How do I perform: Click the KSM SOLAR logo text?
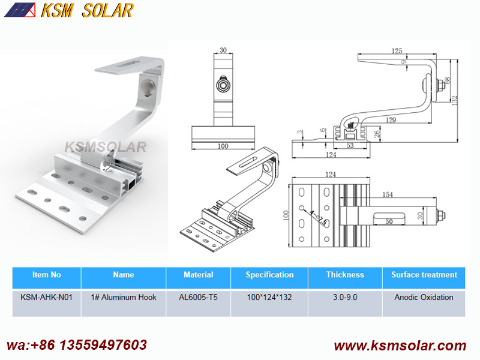87,10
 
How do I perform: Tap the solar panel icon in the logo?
20,10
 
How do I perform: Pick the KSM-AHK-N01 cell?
47,297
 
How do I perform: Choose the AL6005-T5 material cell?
199,297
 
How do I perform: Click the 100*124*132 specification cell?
269,297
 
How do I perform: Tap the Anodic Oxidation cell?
424,297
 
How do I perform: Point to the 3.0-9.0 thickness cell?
345,297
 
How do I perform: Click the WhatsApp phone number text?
77,345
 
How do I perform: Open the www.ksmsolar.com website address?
400,346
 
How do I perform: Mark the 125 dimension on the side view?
397,51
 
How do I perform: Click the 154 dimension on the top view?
388,194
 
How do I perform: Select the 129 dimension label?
391,120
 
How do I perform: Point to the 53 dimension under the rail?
350,146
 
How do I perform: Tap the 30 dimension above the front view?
223,50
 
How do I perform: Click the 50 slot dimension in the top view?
389,221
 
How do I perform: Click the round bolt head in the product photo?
148,88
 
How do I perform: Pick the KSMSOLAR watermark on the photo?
105,147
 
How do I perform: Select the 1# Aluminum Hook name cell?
124,297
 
